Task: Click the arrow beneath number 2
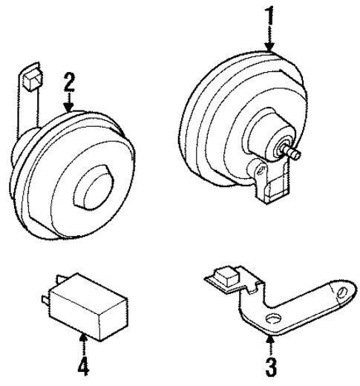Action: tap(69, 104)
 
